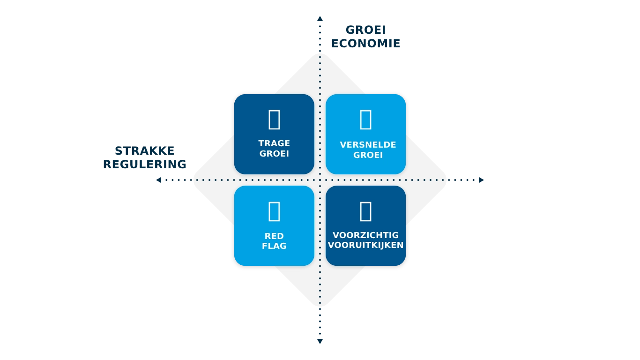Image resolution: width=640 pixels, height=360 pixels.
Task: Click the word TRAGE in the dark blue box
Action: point(274,143)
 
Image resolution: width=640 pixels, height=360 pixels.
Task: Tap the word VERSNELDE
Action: point(368,145)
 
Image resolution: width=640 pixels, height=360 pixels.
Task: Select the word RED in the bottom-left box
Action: point(274,236)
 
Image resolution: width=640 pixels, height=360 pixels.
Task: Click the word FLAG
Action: point(274,246)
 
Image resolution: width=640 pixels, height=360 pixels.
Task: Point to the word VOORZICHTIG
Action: point(365,235)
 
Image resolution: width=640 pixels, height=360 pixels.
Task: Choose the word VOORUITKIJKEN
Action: point(365,245)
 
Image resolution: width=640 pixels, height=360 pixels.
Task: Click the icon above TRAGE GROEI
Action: point(274,120)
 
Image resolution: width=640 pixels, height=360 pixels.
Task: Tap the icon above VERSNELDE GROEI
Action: point(365,120)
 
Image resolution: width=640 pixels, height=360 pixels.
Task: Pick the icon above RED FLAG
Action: point(274,211)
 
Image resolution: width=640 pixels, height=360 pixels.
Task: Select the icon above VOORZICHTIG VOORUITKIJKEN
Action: point(365,211)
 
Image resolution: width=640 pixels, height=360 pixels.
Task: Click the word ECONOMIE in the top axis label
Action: point(365,43)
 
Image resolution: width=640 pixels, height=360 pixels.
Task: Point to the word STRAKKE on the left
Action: point(144,151)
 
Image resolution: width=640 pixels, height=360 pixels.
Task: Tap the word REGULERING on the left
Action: point(144,163)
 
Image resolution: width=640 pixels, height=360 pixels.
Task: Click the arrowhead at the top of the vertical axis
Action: point(320,19)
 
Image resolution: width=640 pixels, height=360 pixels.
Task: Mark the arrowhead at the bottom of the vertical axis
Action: point(320,341)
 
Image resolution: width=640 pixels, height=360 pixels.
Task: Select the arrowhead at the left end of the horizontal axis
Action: point(157,180)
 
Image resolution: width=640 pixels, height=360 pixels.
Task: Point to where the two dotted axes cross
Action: point(320,180)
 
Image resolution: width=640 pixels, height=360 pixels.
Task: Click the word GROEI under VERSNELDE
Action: point(368,155)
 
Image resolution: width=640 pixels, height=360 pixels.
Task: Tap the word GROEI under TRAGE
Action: point(274,153)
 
